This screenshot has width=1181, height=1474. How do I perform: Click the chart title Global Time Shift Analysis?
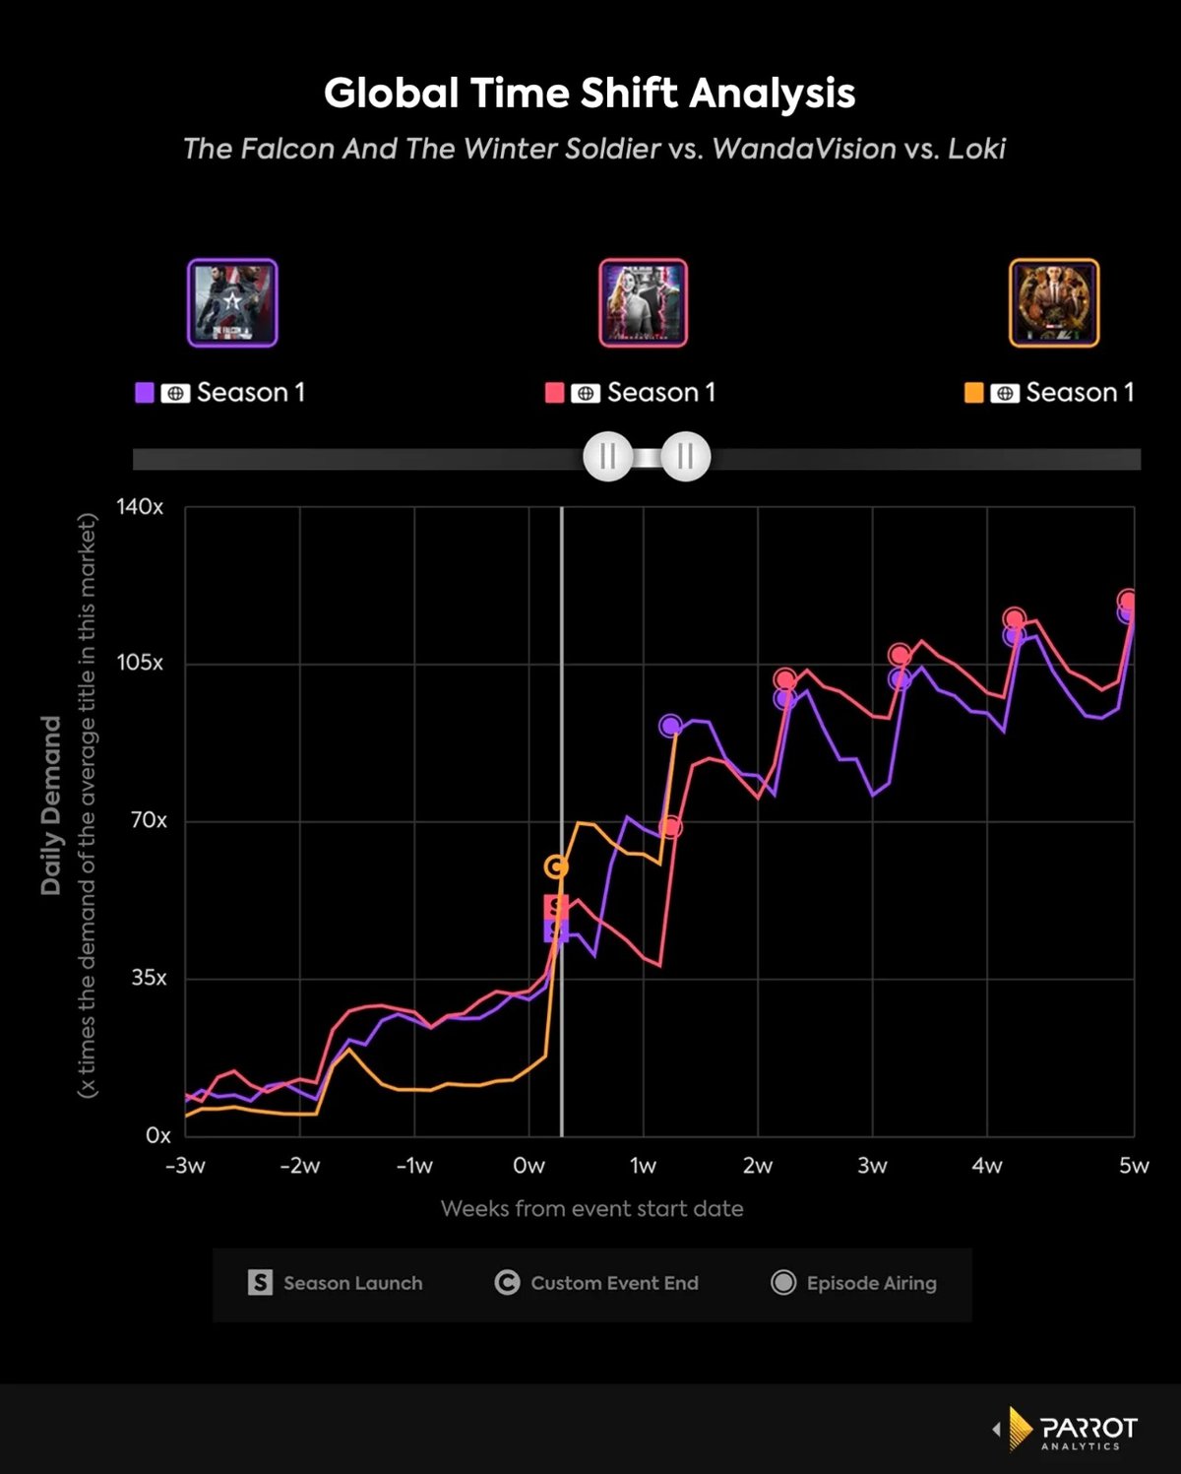click(x=590, y=94)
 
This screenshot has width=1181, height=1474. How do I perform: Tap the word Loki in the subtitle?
click(x=976, y=149)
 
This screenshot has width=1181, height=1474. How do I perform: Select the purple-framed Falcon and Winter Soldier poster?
click(x=232, y=303)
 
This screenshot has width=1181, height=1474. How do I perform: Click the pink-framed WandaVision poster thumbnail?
click(x=644, y=303)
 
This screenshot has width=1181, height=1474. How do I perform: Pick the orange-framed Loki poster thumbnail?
click(x=1054, y=303)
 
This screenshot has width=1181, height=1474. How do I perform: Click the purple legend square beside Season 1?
click(x=145, y=393)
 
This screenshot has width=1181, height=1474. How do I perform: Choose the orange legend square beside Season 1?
click(x=974, y=393)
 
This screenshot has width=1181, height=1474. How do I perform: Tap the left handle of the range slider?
click(x=607, y=457)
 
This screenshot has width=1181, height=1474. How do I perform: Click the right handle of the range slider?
click(x=685, y=457)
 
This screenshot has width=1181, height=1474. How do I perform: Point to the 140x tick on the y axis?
click(x=140, y=507)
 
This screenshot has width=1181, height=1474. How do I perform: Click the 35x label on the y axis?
click(x=149, y=978)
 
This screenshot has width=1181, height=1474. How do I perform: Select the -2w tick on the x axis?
click(x=299, y=1166)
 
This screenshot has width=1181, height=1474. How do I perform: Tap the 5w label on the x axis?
click(x=1134, y=1166)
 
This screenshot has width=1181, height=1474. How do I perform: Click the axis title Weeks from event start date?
click(x=591, y=1209)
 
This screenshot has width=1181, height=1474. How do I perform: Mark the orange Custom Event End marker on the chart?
click(x=556, y=866)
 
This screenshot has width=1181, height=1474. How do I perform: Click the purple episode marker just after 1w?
click(x=670, y=726)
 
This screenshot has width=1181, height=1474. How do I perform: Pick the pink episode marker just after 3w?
click(x=900, y=655)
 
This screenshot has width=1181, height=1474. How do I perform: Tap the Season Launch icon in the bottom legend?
click(x=260, y=1282)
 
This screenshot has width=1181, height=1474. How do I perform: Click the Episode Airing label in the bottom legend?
click(x=871, y=1283)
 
